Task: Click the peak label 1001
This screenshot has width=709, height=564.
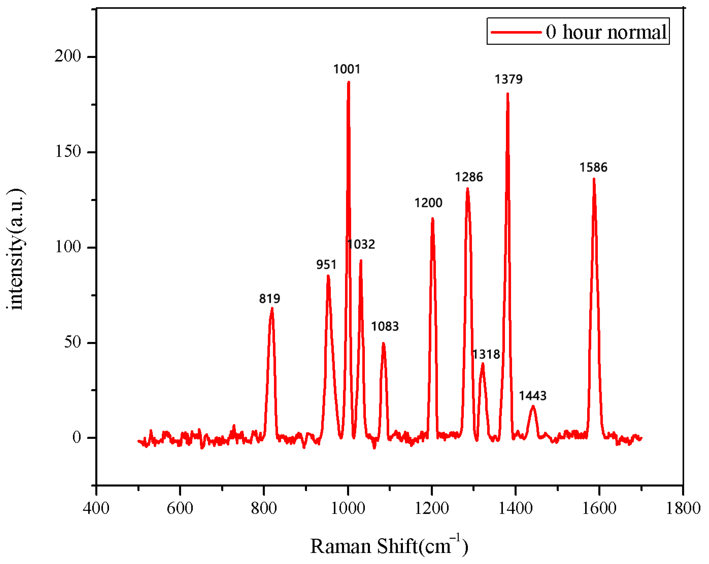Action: pos(347,69)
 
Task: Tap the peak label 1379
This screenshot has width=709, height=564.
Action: pos(508,79)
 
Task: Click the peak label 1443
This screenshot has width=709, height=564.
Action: pos(532,396)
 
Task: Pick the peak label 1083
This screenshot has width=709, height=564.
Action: pos(385,326)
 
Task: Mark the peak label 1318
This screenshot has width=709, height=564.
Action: pos(486,354)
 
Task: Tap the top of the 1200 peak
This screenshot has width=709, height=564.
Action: pos(432,219)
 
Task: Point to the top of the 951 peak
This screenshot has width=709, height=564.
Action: pos(328,276)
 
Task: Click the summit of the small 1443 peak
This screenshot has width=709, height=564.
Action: pos(533,407)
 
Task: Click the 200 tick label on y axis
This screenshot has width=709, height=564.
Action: pos(68,56)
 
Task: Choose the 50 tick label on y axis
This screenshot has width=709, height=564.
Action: pos(72,342)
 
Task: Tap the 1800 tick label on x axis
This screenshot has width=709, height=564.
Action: pos(683,509)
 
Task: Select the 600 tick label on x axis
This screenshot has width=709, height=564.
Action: pos(180,509)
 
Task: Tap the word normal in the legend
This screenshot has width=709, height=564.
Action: pos(637,32)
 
